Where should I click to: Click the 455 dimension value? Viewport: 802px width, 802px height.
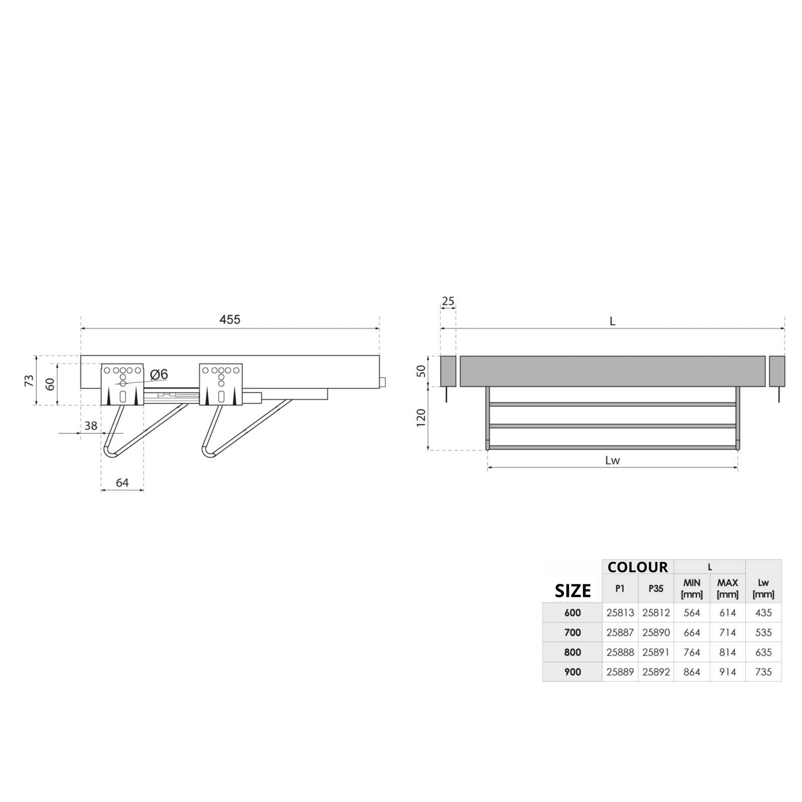point(230,319)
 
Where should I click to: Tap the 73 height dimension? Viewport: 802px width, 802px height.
point(29,380)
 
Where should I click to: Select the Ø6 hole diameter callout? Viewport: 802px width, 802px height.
point(159,374)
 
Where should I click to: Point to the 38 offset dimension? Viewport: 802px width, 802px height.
point(90,425)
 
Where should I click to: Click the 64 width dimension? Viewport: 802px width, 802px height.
point(122,482)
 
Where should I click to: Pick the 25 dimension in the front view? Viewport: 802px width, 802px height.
point(448,300)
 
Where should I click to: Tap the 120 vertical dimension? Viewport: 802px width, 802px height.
point(421,417)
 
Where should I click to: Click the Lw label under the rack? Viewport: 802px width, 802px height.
point(613,460)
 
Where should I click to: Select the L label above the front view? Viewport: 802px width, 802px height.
point(612,321)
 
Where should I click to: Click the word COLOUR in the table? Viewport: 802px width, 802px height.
point(638,567)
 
